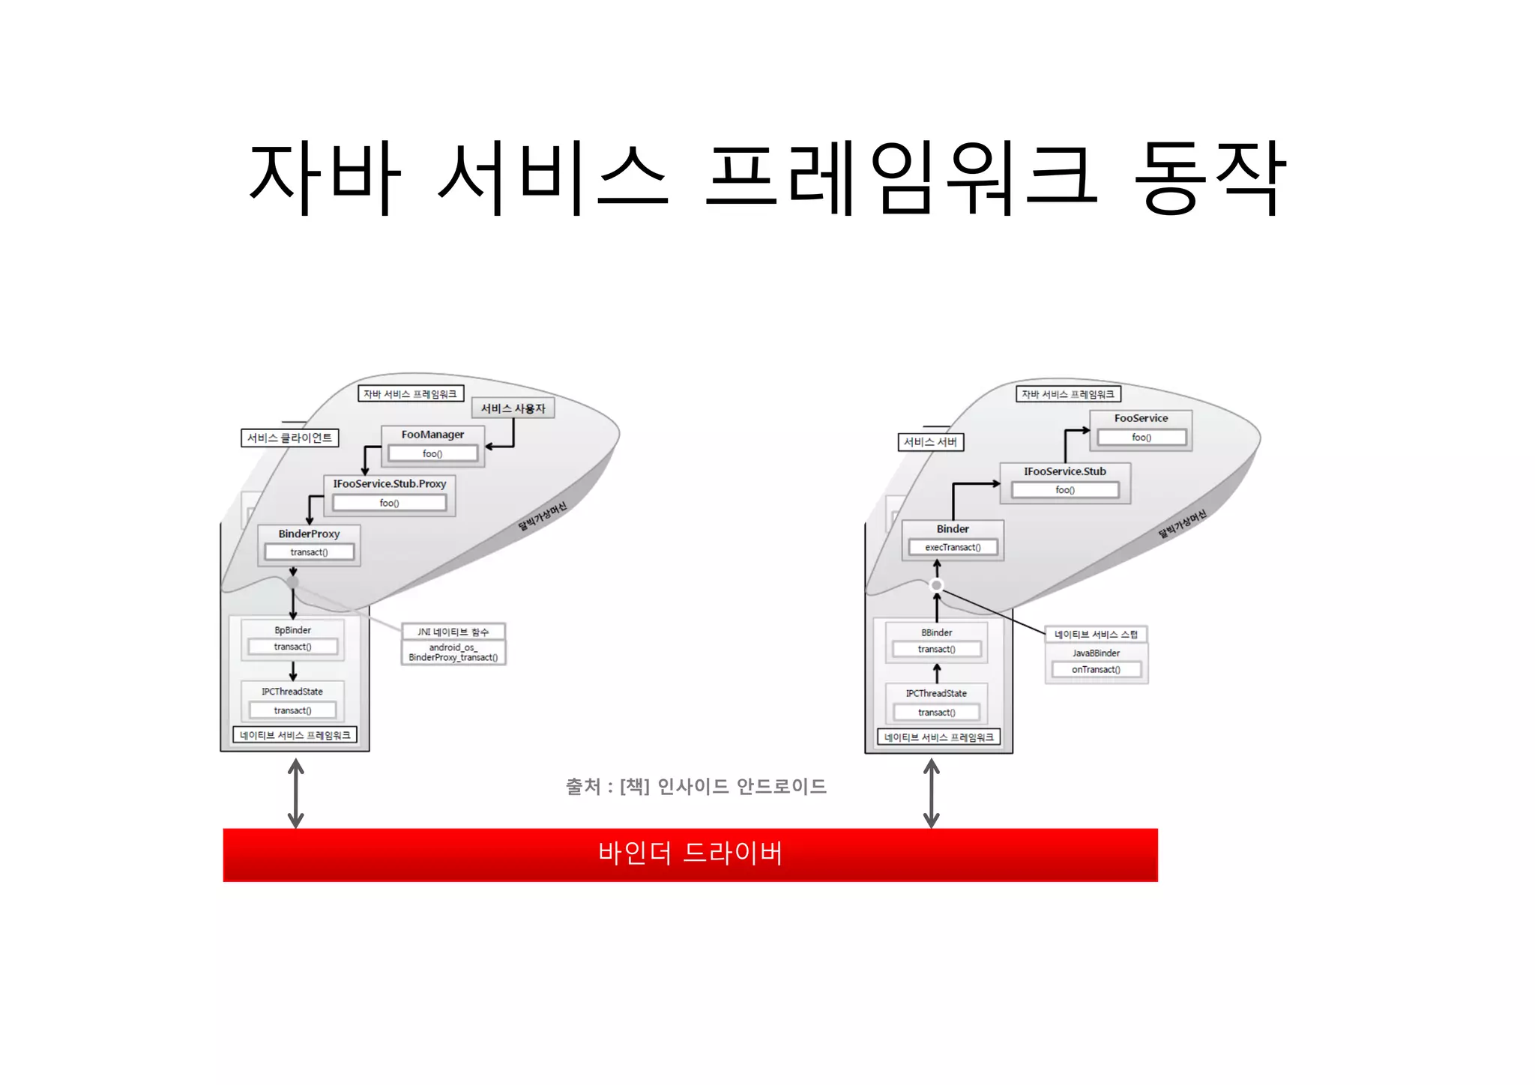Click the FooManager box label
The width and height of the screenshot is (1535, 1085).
coord(432,435)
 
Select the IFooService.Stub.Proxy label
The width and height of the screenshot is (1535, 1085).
coord(389,484)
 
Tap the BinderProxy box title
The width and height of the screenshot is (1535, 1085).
coord(309,534)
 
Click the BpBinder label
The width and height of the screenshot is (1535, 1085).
coord(292,630)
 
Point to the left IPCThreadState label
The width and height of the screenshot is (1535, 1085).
coord(292,692)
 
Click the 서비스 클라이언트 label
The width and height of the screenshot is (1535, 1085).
coord(289,438)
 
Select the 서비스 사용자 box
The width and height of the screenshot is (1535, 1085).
coord(513,408)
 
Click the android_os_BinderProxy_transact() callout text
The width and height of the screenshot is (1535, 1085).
coord(453,653)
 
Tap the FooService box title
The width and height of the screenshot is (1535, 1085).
coord(1141,418)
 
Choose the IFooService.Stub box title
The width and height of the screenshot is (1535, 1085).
coord(1064,471)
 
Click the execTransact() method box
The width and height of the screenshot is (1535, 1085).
coord(953,548)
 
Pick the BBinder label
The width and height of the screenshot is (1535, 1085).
coord(936,633)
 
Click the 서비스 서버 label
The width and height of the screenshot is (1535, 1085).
coord(930,442)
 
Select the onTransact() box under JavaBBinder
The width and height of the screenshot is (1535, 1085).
coord(1096,670)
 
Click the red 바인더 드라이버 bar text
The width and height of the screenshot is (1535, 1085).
coord(690,853)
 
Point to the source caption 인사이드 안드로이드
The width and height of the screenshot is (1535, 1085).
coord(741,787)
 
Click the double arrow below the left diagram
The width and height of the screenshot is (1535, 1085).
coord(296,793)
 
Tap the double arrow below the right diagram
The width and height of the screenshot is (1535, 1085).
coord(932,793)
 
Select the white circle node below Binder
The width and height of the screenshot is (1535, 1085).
coord(936,585)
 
